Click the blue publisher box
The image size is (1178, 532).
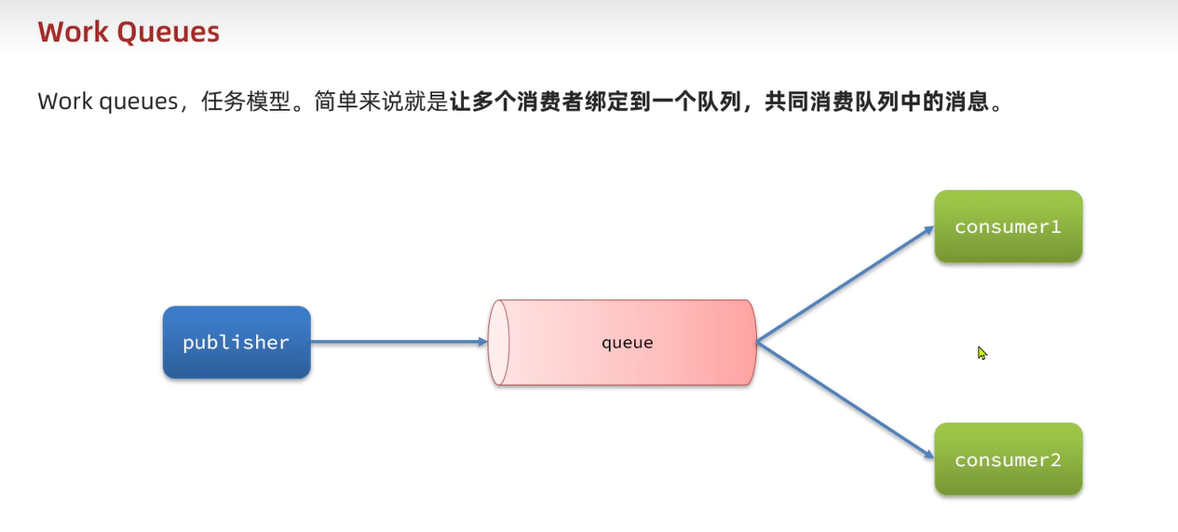pos(237,343)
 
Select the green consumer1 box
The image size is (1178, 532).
pos(1008,226)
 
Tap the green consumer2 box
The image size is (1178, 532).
pos(1008,459)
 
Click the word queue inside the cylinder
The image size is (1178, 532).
pos(627,343)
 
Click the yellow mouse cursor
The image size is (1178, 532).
pos(982,353)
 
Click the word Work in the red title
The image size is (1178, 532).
pos(74,33)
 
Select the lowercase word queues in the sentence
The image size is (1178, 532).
pos(135,102)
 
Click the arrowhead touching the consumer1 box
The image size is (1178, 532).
pos(928,229)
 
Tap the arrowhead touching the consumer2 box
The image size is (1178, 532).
pos(928,456)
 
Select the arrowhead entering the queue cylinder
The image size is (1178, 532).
pos(482,342)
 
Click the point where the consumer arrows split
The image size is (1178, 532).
pos(757,342)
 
